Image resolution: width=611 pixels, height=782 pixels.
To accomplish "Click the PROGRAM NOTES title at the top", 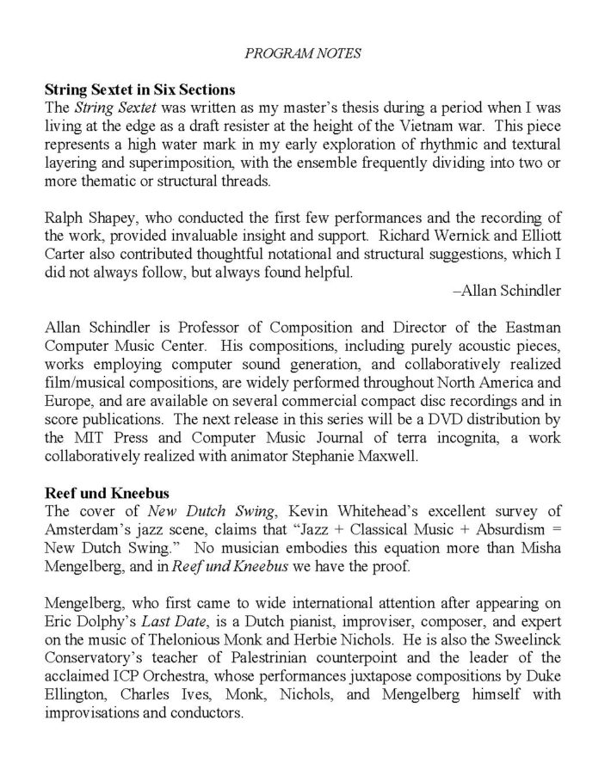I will tap(305, 53).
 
